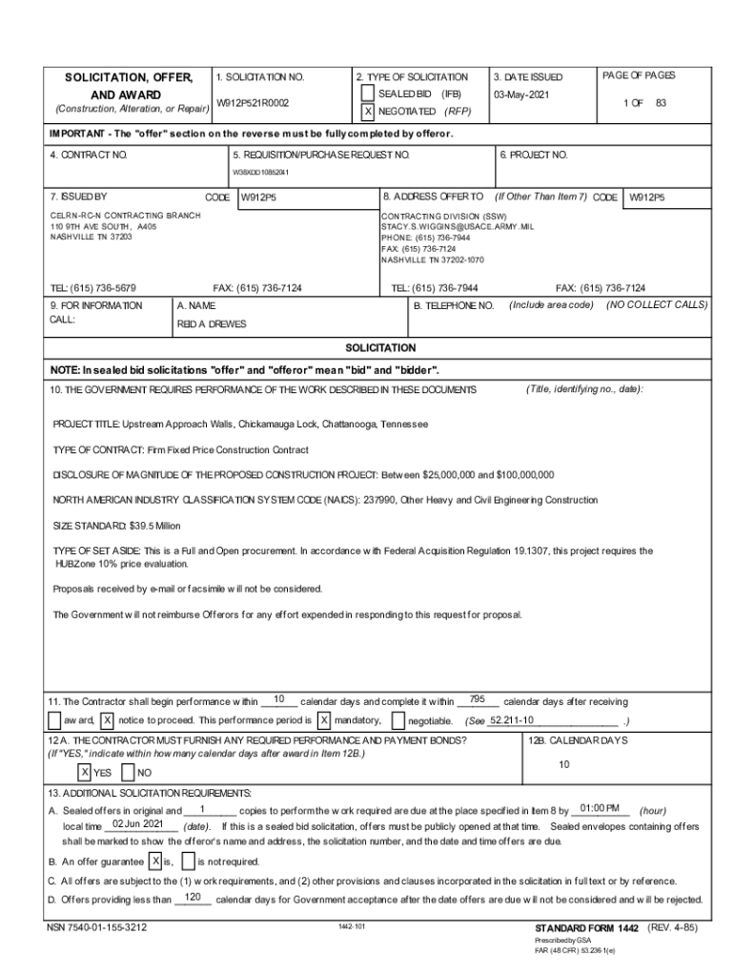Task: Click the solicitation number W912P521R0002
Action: coord(253,102)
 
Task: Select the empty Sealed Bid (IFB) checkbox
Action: coord(368,94)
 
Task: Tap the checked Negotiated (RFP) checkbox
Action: coord(368,112)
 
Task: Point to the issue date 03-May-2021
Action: coord(521,94)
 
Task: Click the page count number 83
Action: coord(661,102)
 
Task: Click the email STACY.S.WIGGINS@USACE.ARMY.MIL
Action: coord(450,227)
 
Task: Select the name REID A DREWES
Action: coord(211,323)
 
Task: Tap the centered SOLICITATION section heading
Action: coord(379,348)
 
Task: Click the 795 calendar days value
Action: coord(479,698)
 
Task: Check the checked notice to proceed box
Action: coord(108,719)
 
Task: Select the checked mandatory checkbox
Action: coord(324,719)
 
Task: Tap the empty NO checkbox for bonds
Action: coord(128,772)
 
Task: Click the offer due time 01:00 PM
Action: coord(600,807)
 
